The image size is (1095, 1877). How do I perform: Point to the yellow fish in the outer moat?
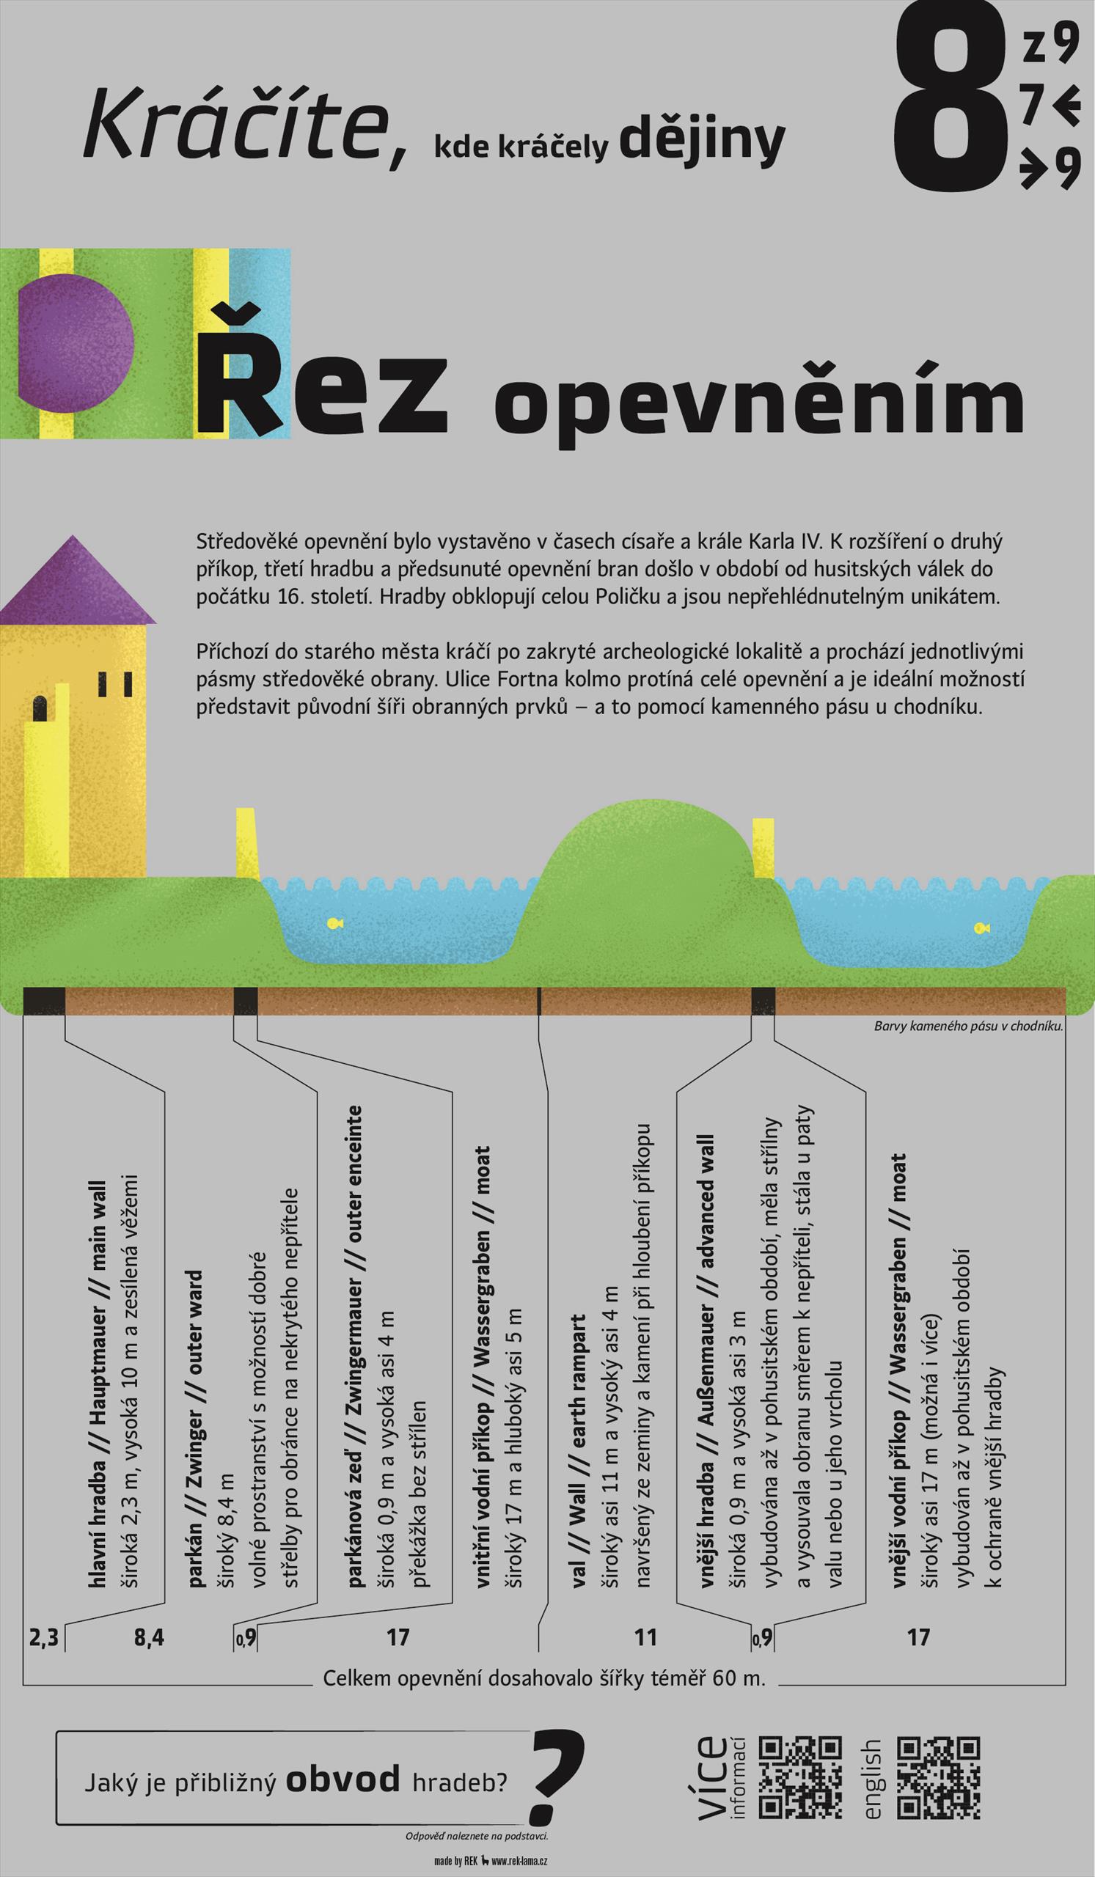(x=981, y=928)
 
